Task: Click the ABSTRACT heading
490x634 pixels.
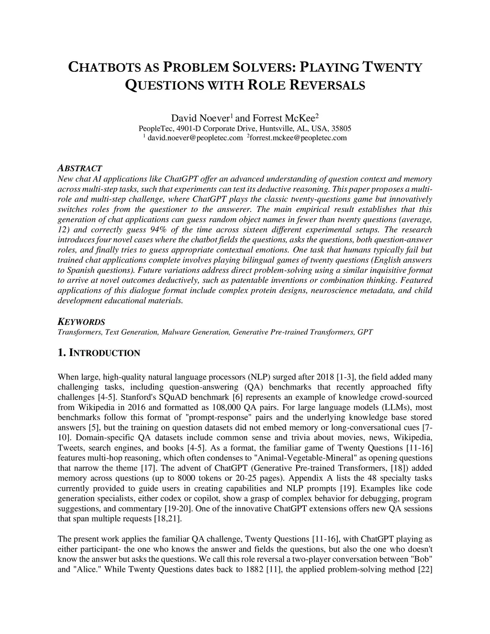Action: [x=79, y=168]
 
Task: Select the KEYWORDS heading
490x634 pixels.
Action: [x=81, y=322]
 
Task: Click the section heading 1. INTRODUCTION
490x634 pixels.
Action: [x=99, y=353]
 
